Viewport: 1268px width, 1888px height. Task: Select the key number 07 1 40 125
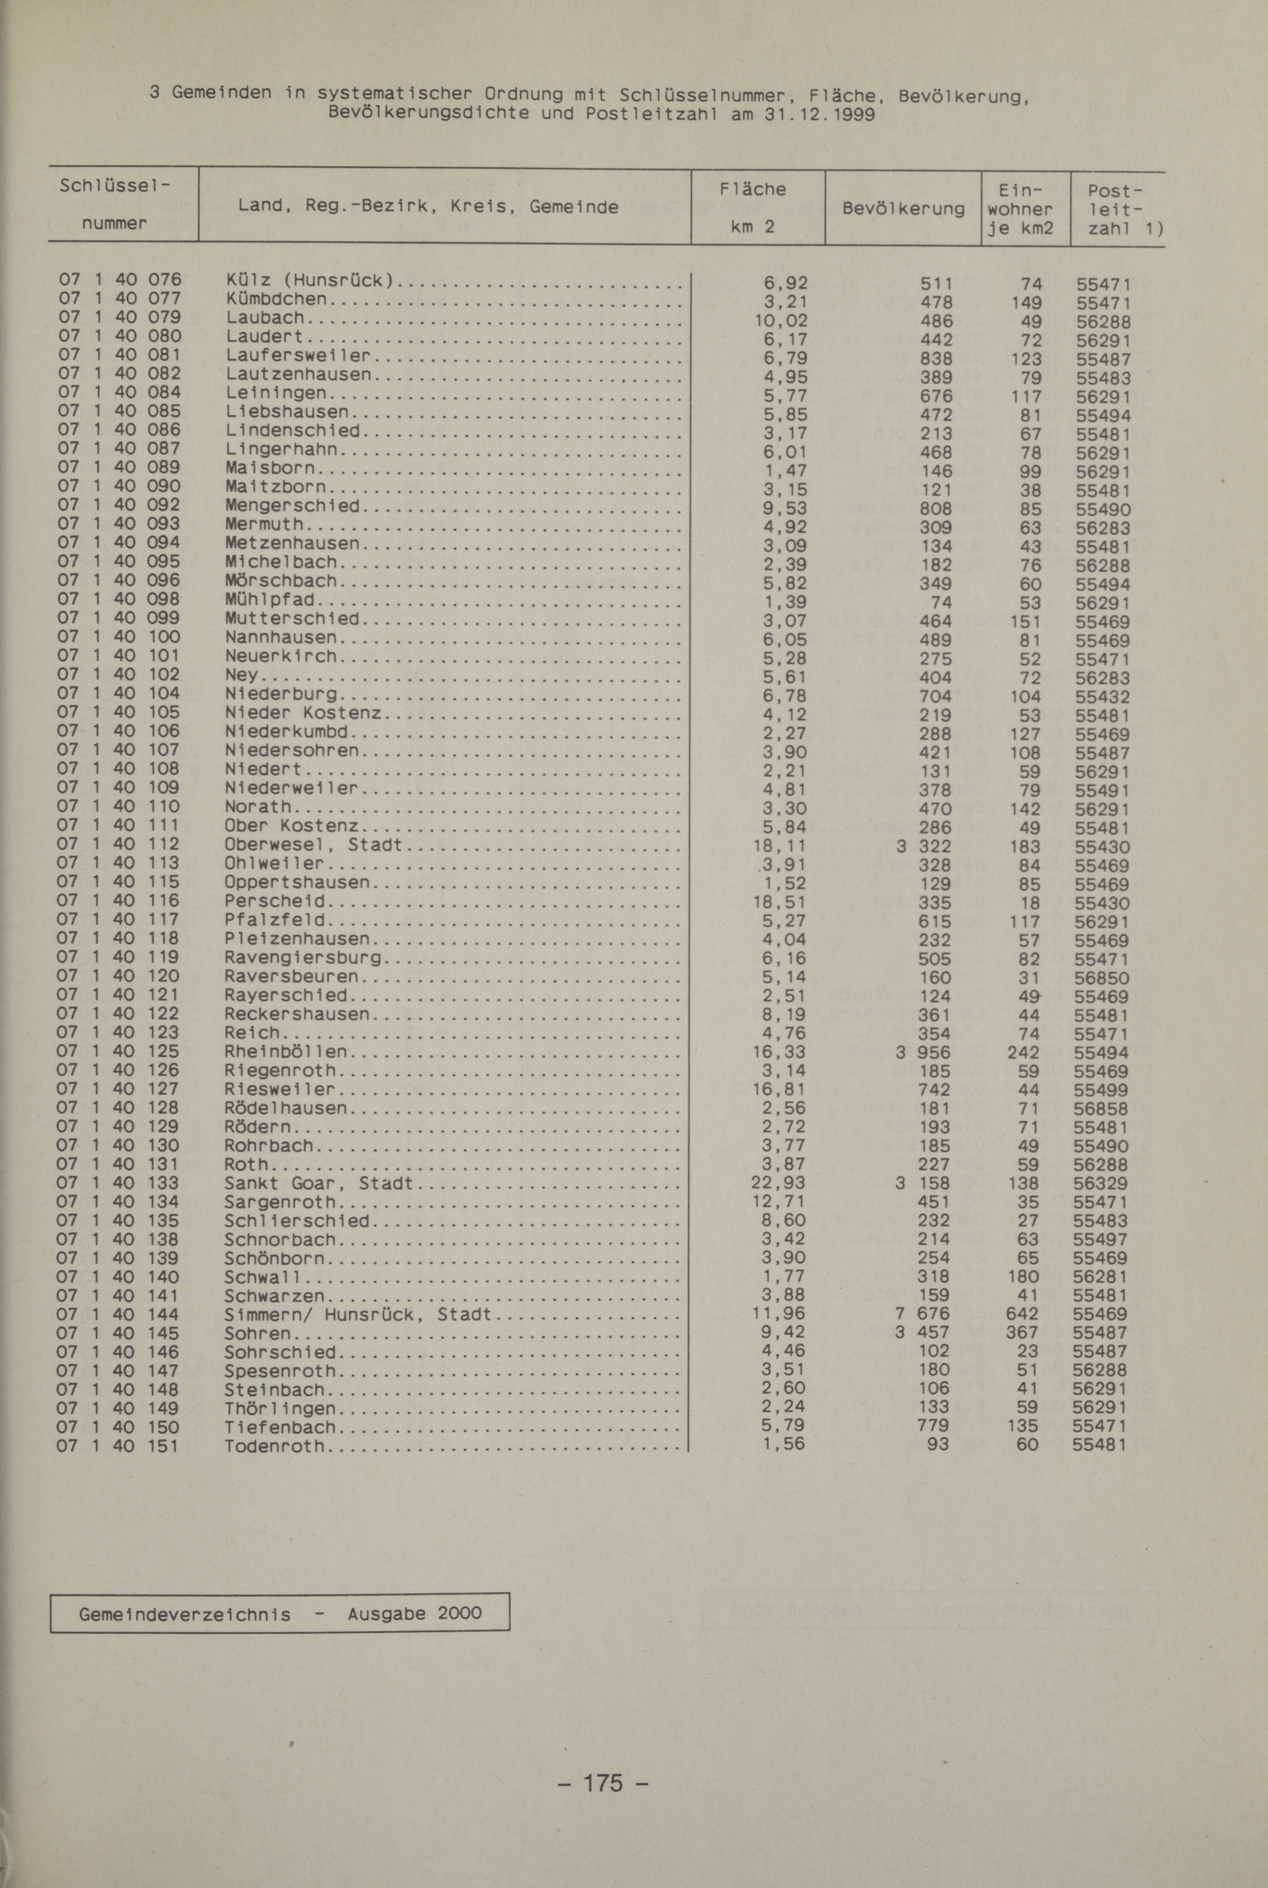pos(117,1052)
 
